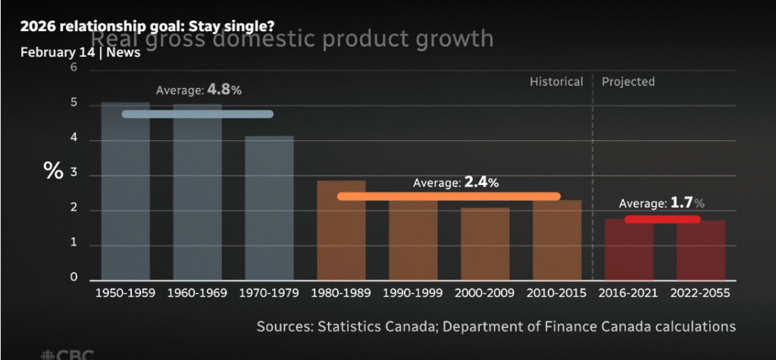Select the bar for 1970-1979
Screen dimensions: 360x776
click(269, 212)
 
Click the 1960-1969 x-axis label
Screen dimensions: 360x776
click(197, 291)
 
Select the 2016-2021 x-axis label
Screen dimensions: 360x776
click(629, 291)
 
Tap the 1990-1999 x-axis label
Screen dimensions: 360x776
click(413, 291)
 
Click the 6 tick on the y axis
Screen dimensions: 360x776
click(74, 68)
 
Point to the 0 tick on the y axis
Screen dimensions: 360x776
click(74, 277)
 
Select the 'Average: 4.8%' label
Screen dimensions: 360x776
click(199, 90)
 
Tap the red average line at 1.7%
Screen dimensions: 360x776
click(662, 220)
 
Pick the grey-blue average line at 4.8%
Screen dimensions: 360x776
click(197, 114)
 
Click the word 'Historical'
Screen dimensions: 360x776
click(556, 81)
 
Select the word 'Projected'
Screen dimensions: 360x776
click(628, 81)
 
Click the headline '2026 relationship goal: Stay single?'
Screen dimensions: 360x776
click(147, 25)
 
